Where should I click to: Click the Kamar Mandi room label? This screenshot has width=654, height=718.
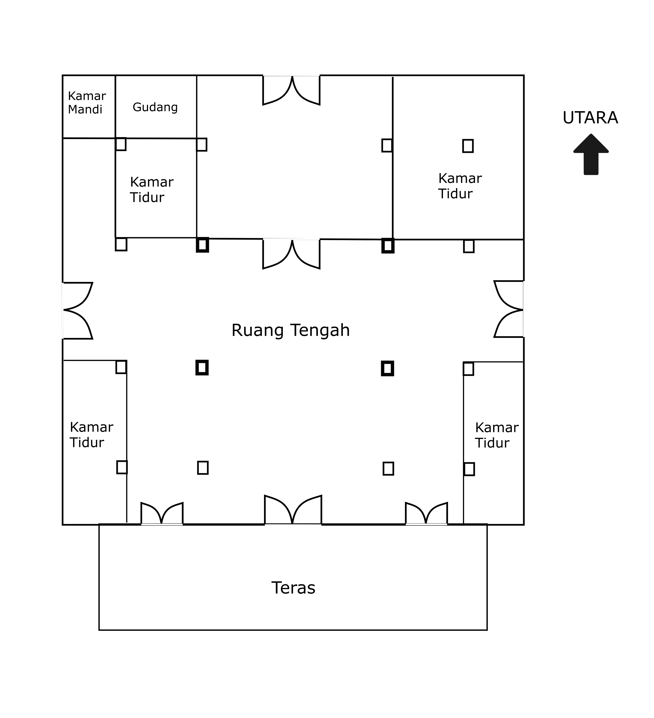click(x=87, y=102)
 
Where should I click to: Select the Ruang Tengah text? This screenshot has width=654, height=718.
click(x=291, y=330)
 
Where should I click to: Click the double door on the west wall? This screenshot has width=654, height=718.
click(x=78, y=310)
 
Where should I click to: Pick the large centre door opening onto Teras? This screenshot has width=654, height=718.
click(x=293, y=510)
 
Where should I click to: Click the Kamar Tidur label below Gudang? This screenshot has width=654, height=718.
click(x=151, y=189)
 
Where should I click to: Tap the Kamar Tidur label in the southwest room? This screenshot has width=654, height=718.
click(x=91, y=435)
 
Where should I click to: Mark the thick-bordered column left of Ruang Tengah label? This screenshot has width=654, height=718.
click(x=202, y=368)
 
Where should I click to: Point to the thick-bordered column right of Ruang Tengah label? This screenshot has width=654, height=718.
click(x=387, y=368)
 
